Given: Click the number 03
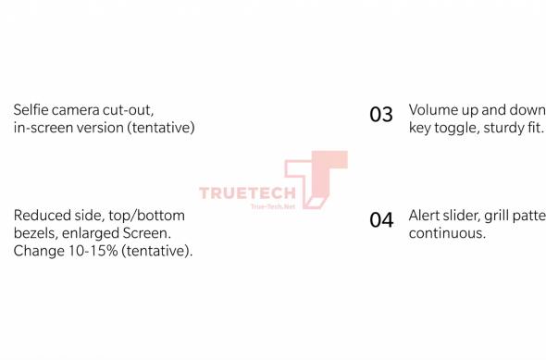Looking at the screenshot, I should point(381,115).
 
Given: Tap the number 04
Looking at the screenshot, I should point(381,221).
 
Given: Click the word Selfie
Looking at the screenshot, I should point(31,109).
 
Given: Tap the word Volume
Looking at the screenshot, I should point(434,109).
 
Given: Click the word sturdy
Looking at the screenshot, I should point(505,127).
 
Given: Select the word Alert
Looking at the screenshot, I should point(427,216).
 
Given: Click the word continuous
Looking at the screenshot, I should point(447,233).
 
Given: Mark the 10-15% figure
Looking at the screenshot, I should point(89,251).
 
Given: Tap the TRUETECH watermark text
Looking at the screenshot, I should point(246,193).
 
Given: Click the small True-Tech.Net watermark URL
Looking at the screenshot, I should point(273,206).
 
